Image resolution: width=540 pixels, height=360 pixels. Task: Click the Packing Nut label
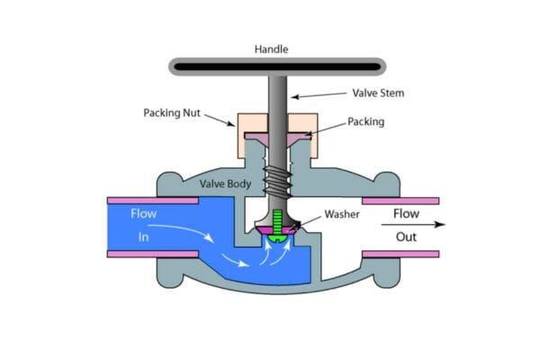(173, 113)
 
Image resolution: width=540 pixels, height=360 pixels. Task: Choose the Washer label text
(342, 215)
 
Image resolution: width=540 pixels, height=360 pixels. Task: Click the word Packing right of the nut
(366, 121)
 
